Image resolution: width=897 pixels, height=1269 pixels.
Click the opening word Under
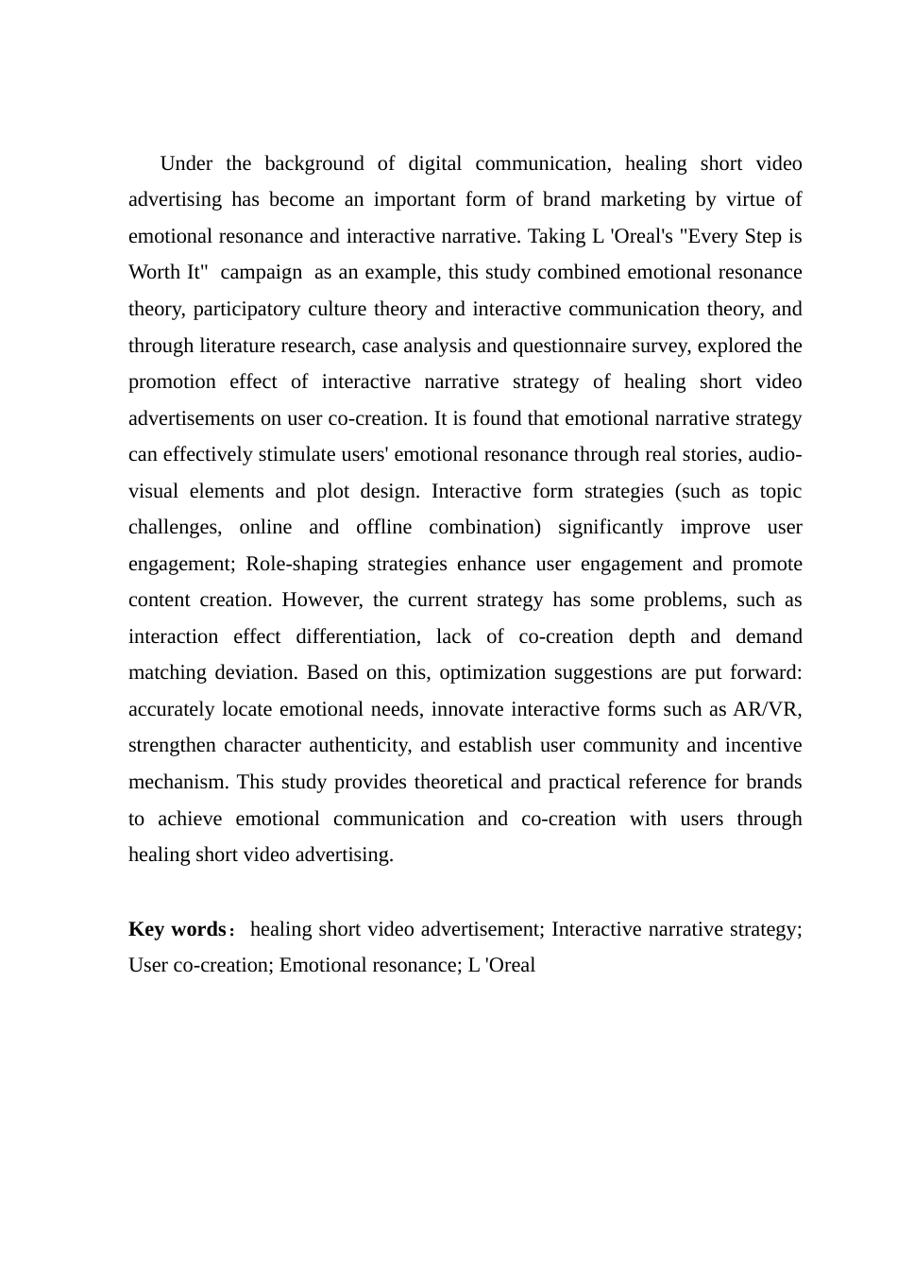186,164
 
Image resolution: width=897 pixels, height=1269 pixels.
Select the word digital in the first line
434,164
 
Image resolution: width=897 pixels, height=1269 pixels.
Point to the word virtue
750,200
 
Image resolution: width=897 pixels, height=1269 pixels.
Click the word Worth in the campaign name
154,273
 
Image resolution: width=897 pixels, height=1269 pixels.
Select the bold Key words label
177,929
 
